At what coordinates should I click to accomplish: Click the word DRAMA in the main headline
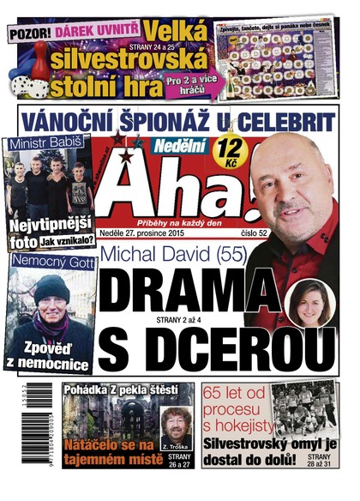click(x=180, y=287)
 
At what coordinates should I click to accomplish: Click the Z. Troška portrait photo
click(x=175, y=426)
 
